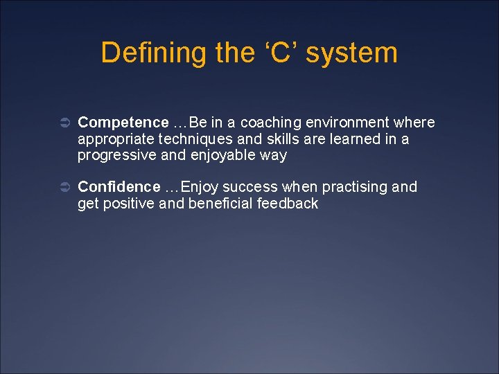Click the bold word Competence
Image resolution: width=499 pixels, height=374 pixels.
click(123, 123)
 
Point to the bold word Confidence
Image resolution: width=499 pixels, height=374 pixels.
click(119, 187)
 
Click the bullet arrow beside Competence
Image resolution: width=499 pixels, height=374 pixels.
click(62, 123)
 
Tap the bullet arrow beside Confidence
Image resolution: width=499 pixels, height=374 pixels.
click(62, 188)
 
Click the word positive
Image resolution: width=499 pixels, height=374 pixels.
click(130, 204)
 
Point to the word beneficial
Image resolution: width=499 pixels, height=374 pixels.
click(220, 204)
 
